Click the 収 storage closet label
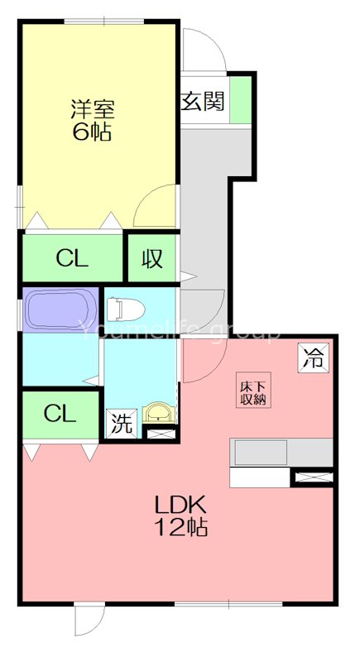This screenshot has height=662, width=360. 151,259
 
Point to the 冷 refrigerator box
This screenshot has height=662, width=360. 314,358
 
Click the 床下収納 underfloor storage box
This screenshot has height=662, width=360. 252,392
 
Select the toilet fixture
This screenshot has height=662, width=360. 125,309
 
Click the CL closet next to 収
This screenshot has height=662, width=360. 72,259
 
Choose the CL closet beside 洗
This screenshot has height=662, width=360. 60,413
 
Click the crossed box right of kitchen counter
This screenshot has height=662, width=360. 314,477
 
